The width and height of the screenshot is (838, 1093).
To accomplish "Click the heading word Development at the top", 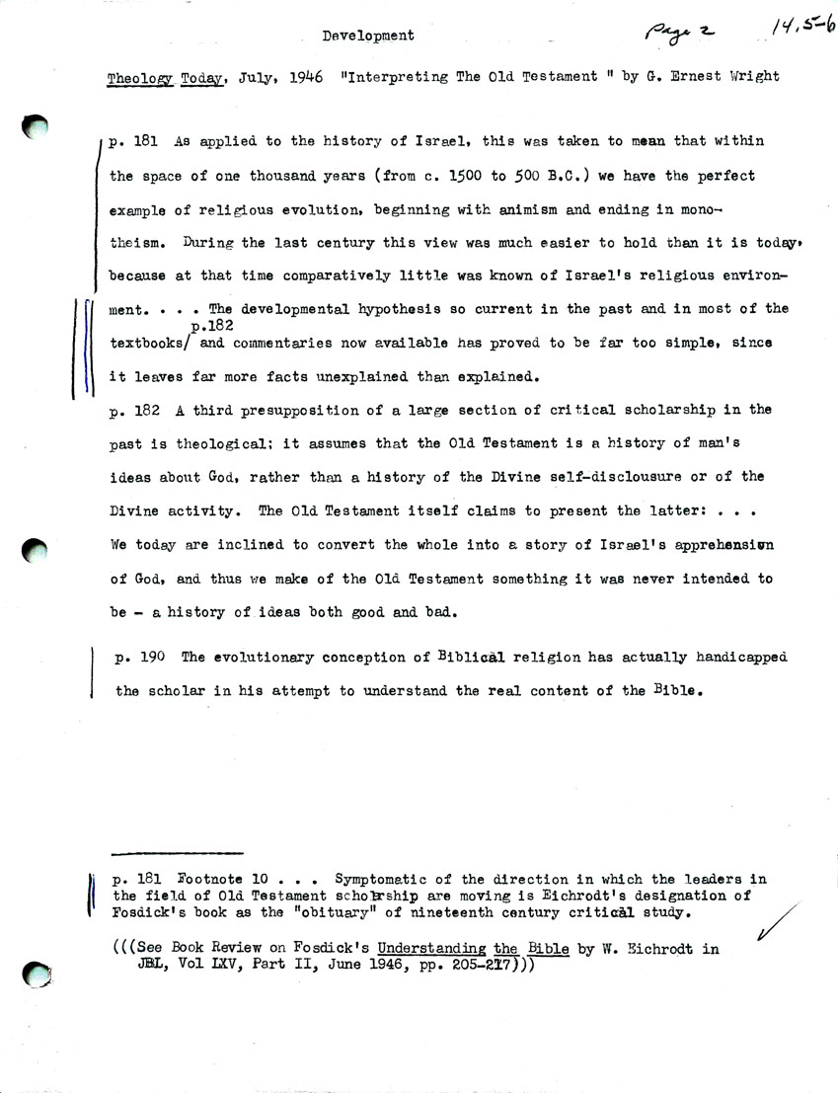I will pyautogui.click(x=367, y=36).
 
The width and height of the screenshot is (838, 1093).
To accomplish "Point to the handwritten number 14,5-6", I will pyautogui.click(x=802, y=25).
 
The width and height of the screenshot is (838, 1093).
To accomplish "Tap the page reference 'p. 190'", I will pyautogui.click(x=141, y=658).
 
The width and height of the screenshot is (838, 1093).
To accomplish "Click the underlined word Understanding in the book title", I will pyautogui.click(x=429, y=948).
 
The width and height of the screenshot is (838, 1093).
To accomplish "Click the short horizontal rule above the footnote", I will pyautogui.click(x=178, y=852).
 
